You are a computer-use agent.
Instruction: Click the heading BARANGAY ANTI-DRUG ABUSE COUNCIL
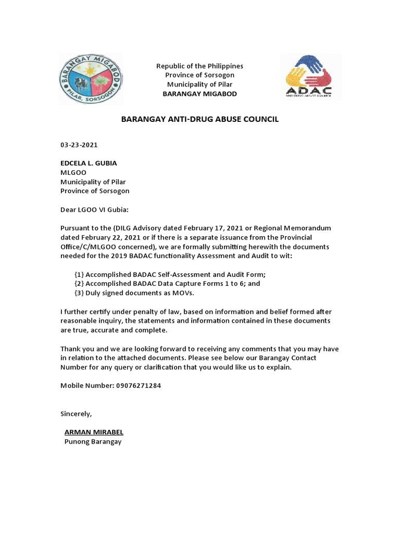[x=200, y=119]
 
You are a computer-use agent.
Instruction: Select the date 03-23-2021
[x=79, y=145]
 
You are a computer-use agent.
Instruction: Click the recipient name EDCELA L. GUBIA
[x=89, y=163]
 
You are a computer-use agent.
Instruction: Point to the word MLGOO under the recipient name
[x=73, y=172]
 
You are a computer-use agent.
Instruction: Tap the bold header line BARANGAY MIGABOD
[x=200, y=94]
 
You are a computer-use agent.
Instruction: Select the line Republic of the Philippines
[x=200, y=66]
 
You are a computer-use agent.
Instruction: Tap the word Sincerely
[x=76, y=414]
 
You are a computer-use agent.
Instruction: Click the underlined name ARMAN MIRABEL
[x=94, y=432]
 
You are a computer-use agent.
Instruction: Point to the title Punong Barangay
[x=93, y=441]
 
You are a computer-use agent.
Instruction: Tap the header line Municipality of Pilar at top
[x=200, y=84]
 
